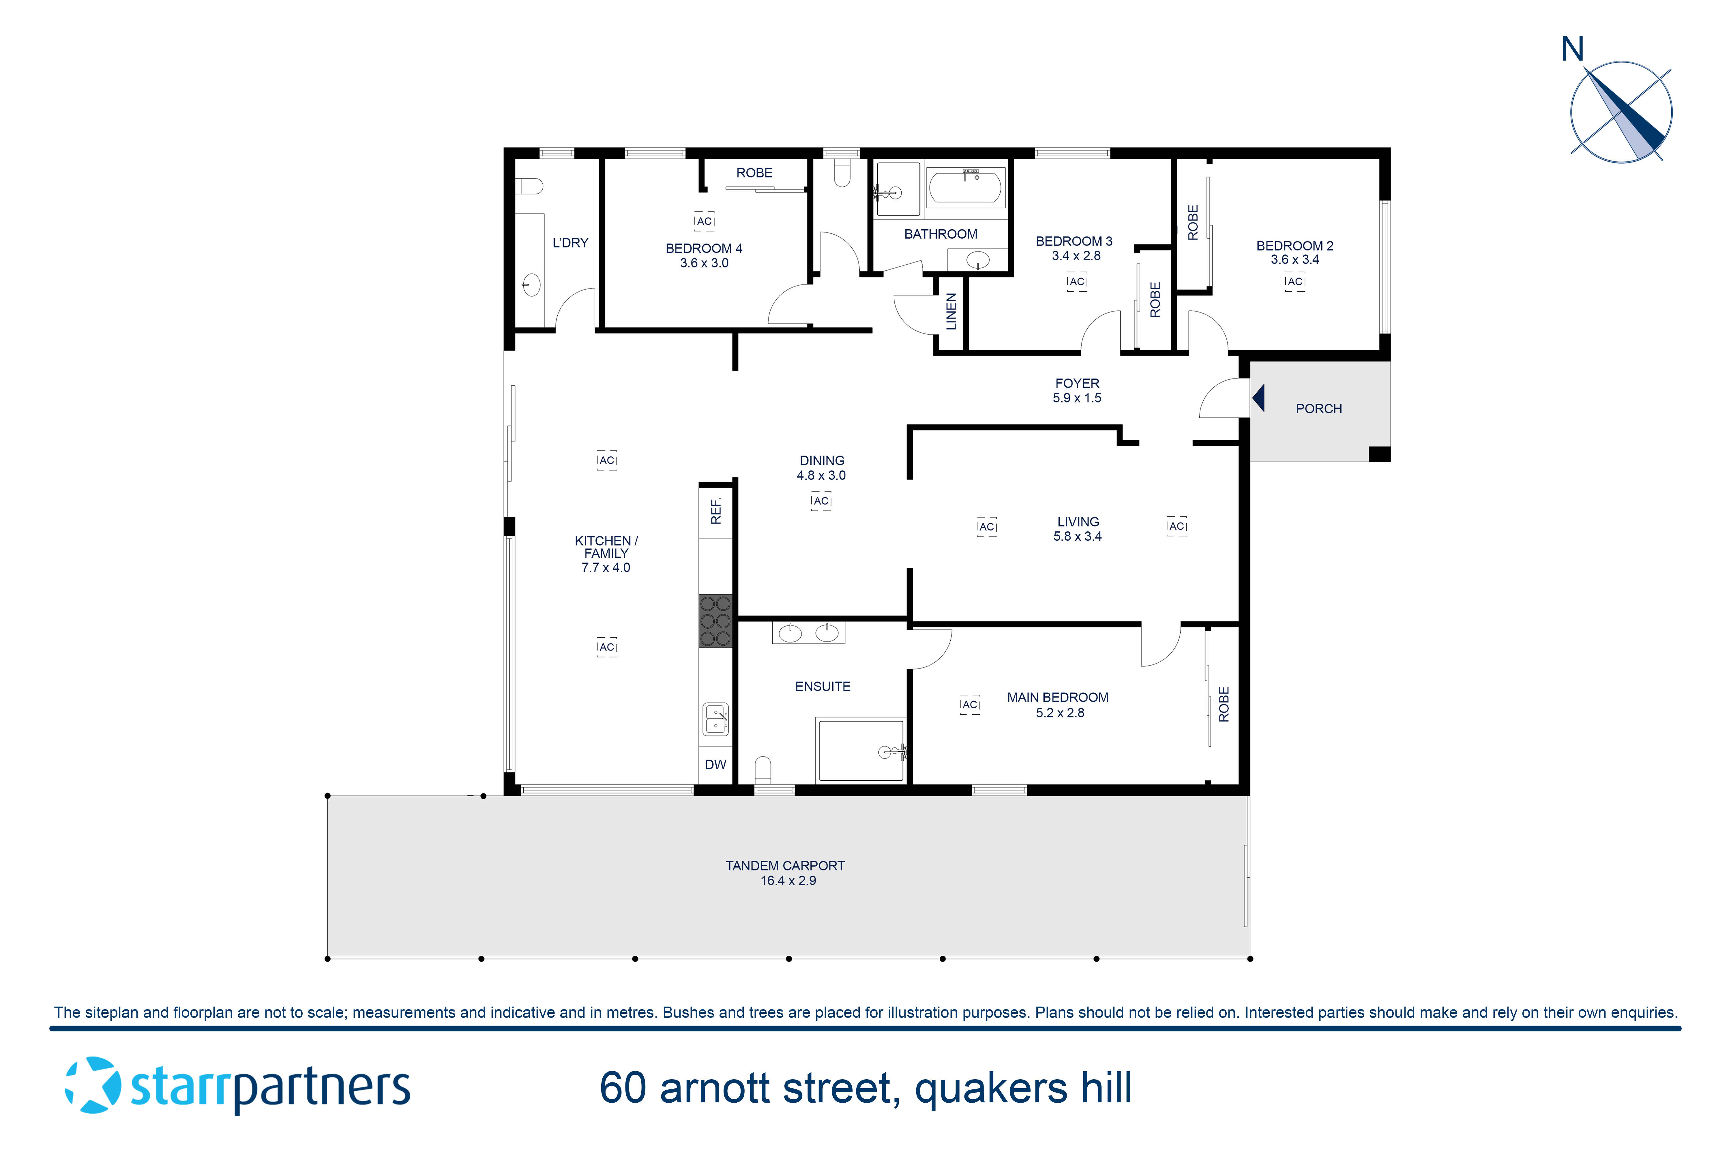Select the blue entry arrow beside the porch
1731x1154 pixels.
[x=1258, y=398]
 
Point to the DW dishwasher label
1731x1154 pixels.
[x=715, y=765]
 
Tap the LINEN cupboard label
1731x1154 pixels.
[x=951, y=311]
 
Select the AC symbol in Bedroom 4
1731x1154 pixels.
[x=704, y=221]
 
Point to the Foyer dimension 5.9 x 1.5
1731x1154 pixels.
[x=1077, y=398]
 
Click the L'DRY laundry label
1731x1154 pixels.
[x=570, y=243]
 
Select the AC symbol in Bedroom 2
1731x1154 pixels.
[x=1295, y=282]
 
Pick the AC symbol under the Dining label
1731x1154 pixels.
[x=821, y=501]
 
